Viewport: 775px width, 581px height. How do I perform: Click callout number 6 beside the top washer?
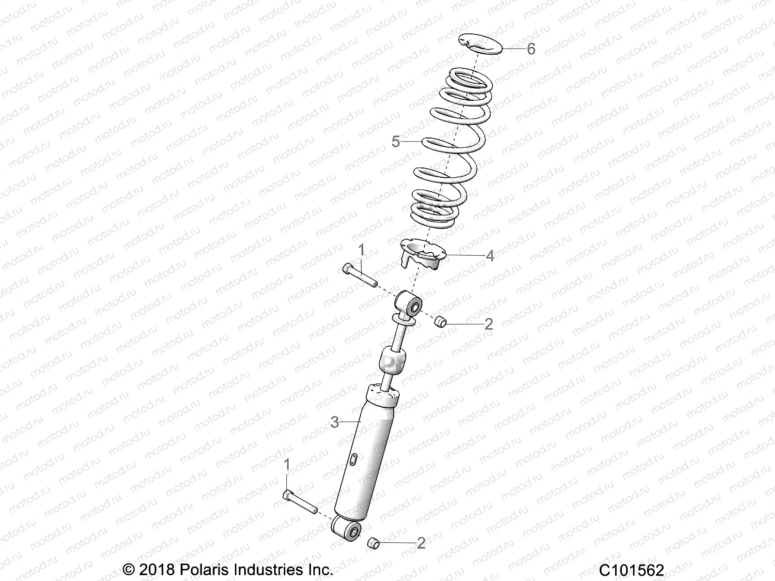[531, 49]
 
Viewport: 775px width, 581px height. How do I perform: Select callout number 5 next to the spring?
[396, 142]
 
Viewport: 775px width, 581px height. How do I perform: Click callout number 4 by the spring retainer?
[490, 256]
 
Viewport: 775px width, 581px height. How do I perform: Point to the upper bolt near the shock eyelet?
[359, 275]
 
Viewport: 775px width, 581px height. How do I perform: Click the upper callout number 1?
[361, 250]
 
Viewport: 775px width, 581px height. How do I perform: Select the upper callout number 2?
[488, 324]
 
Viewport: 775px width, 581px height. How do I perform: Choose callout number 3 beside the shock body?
[334, 422]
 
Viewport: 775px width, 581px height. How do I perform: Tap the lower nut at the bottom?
[373, 542]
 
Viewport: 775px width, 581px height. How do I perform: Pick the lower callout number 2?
[421, 543]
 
